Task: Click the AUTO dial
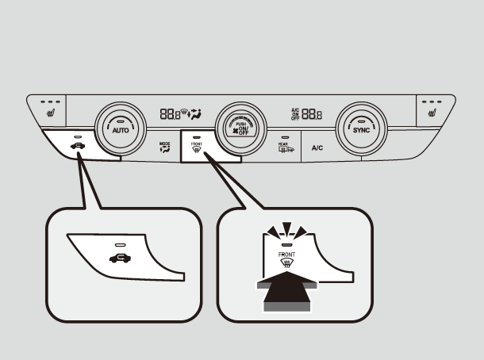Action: point(121,127)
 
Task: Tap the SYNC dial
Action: point(361,127)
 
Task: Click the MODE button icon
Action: point(165,147)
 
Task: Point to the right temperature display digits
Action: point(313,114)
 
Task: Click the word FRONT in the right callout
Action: point(286,255)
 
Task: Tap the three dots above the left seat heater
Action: point(51,101)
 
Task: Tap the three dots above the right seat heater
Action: point(433,101)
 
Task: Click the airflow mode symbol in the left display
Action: point(195,113)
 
